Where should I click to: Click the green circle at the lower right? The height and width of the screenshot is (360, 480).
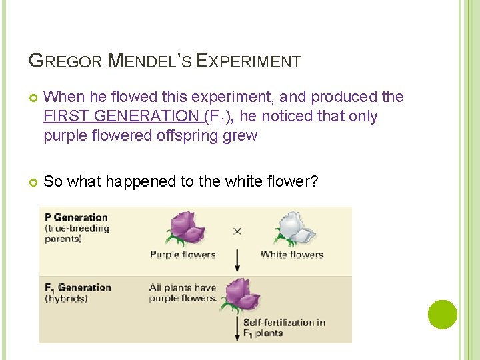(442, 315)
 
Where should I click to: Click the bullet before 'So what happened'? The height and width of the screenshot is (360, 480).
(33, 181)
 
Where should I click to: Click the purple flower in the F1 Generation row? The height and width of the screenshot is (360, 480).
(239, 294)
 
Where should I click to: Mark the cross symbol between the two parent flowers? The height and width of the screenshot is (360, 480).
(237, 232)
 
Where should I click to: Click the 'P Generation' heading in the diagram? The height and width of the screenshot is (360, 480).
(76, 217)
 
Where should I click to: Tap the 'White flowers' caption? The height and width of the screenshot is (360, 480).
(291, 254)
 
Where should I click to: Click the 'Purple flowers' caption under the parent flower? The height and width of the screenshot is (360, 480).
(183, 254)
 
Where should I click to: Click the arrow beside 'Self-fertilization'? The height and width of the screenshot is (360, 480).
(236, 328)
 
